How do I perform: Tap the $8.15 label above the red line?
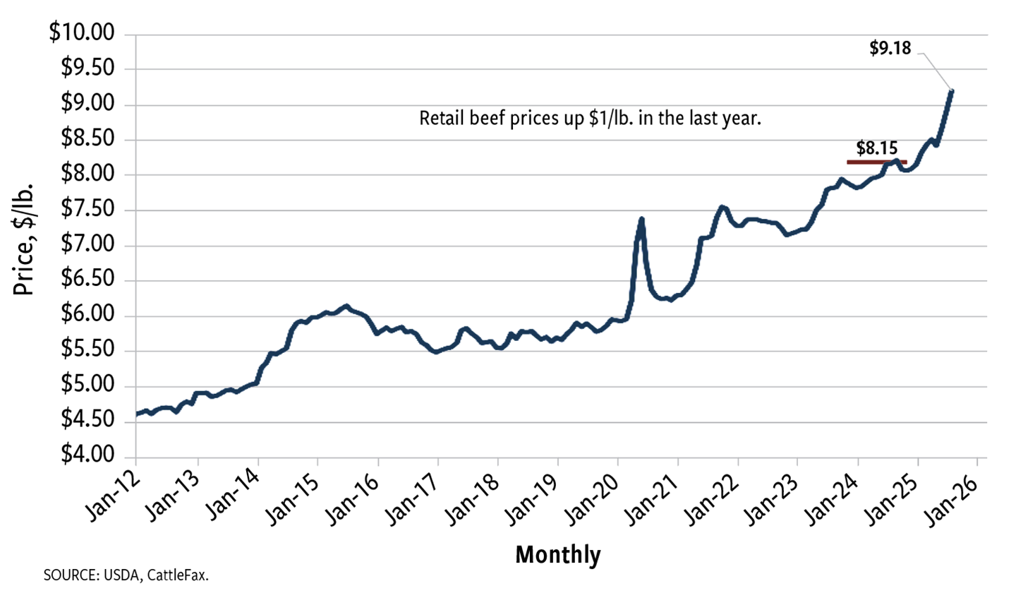point(876,149)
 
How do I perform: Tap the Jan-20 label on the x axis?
point(600,494)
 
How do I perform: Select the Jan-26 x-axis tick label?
point(960,494)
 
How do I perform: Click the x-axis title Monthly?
point(558,555)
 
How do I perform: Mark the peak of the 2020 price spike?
point(641,219)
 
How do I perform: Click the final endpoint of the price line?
point(952,90)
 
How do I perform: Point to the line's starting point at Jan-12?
point(136,414)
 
